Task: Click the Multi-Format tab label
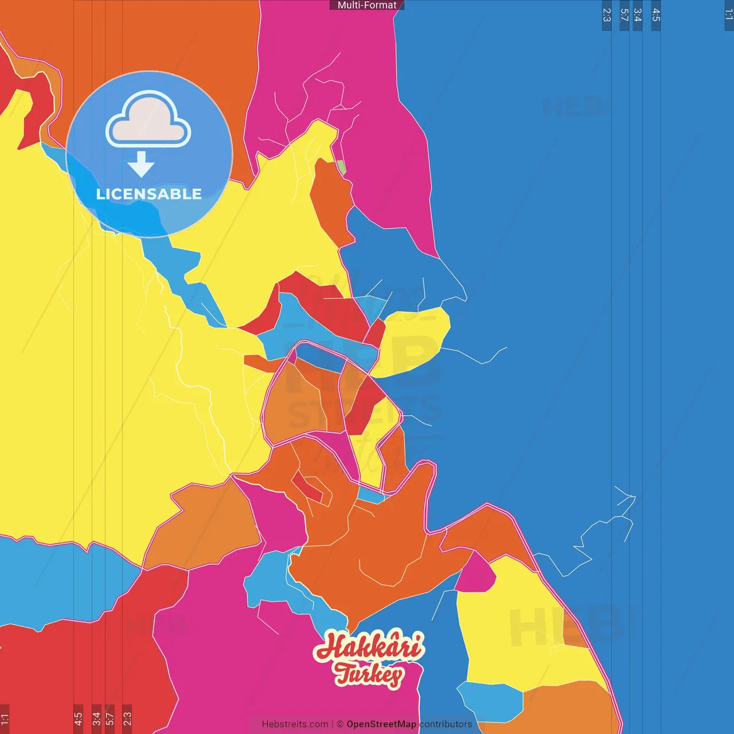coord(367,5)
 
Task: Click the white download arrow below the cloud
coord(141,165)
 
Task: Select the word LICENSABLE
coord(149,194)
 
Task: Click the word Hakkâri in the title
coord(369,647)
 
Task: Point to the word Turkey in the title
coord(369,674)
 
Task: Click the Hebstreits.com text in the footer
coord(295,724)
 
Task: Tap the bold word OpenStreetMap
coord(381,724)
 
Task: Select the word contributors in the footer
coord(446,724)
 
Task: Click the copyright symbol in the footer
coord(340,724)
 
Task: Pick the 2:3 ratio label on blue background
coord(607,15)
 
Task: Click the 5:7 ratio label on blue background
coord(624,15)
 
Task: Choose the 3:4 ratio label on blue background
coord(637,15)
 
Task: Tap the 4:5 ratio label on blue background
coord(656,15)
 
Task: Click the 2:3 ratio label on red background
coord(127,719)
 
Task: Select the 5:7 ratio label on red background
coord(110,719)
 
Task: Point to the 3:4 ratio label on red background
coord(96,719)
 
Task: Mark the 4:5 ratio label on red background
coord(78,719)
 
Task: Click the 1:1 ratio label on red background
coord(5,719)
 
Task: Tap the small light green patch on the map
coord(341,167)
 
